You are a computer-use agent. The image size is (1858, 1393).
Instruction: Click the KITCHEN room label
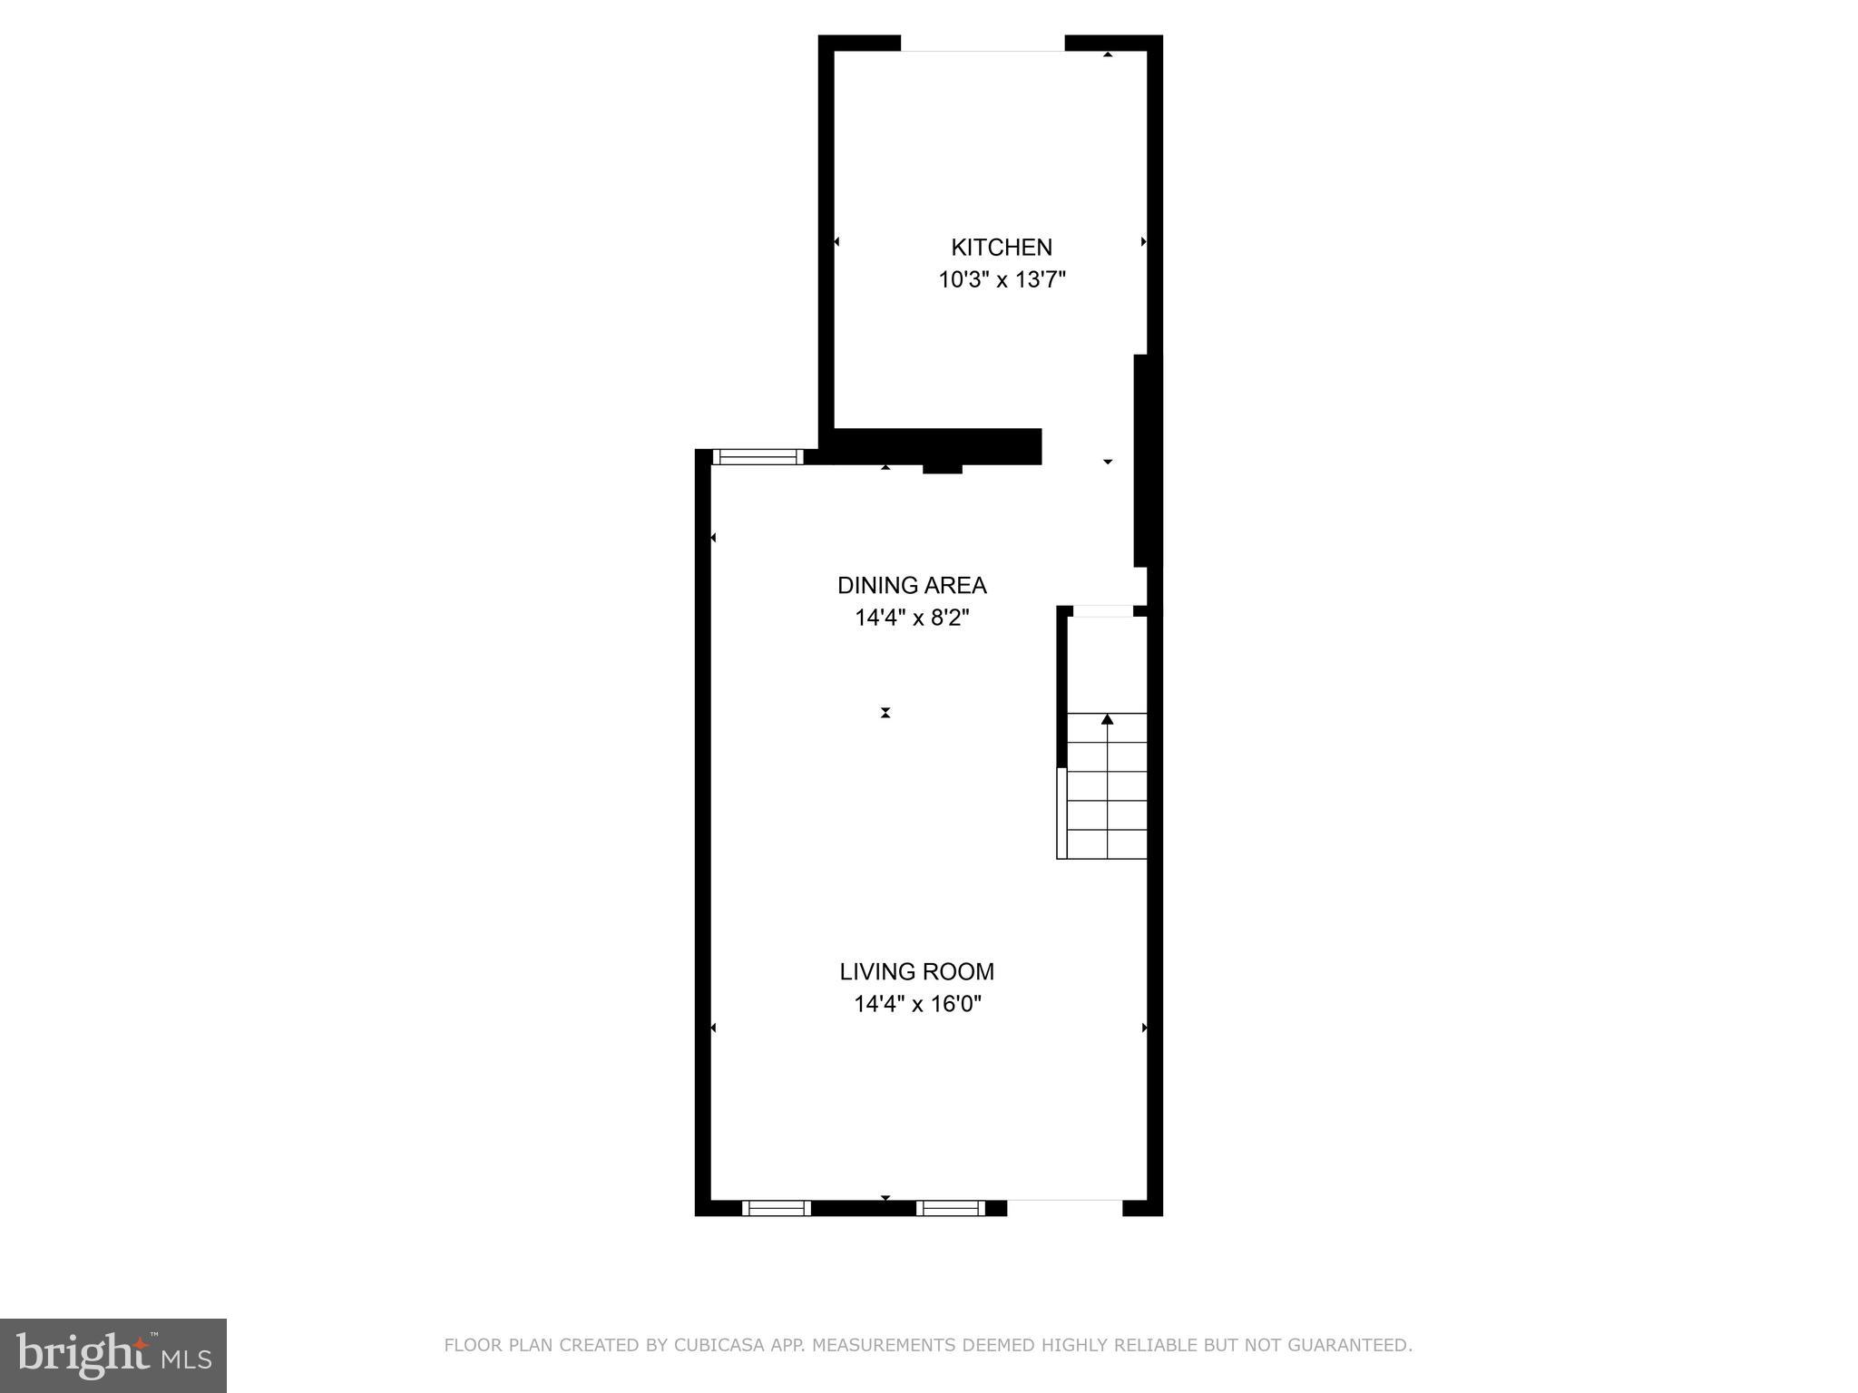click(x=1001, y=247)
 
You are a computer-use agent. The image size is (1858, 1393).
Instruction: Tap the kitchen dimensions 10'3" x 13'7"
click(x=1001, y=279)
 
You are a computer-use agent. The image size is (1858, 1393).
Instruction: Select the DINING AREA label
click(x=912, y=585)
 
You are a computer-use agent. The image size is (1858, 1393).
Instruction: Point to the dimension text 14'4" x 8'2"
click(x=912, y=618)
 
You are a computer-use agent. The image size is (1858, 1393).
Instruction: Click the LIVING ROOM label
click(x=916, y=971)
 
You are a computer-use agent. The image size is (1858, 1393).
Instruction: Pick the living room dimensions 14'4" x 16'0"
click(x=917, y=1004)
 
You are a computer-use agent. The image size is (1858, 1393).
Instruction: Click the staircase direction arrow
click(x=1107, y=720)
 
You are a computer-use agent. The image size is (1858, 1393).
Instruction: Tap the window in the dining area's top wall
click(x=758, y=456)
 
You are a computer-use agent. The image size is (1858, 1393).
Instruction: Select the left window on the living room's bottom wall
click(x=776, y=1207)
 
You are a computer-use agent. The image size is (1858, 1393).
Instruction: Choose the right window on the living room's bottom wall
click(x=950, y=1207)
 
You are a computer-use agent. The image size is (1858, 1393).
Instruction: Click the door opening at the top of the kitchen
click(x=982, y=44)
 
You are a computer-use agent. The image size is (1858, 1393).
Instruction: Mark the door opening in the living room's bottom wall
click(x=1064, y=1207)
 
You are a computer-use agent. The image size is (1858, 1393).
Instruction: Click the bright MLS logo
click(x=113, y=1355)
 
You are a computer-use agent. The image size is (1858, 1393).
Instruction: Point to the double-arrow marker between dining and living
click(x=885, y=713)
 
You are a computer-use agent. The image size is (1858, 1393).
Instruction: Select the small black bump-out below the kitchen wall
click(x=942, y=469)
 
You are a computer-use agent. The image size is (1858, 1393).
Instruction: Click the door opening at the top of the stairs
click(x=1102, y=611)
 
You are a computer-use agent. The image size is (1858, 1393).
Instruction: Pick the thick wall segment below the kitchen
click(x=934, y=446)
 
